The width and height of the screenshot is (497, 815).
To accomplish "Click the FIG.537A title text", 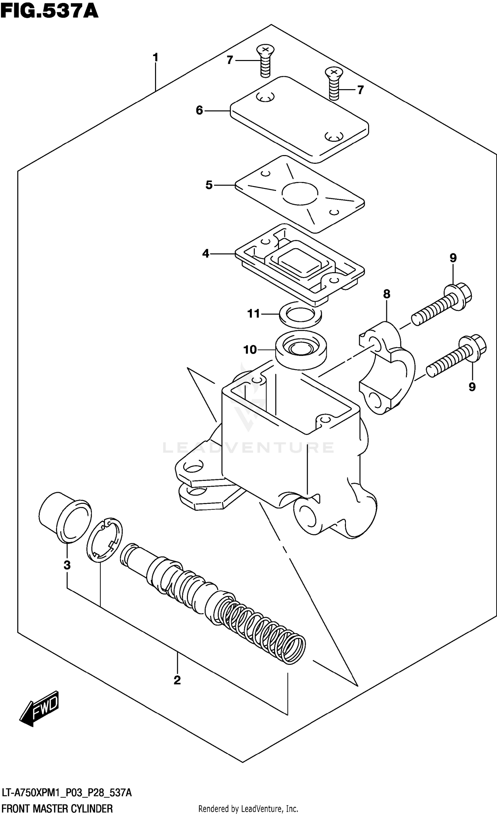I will coord(49,11).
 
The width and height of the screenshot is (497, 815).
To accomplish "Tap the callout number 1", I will coord(155,58).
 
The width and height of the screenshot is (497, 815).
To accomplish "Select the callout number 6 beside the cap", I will coord(199,110).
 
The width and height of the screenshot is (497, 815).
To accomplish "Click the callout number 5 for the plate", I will coord(209,185).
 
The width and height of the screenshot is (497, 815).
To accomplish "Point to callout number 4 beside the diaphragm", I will coord(206,254).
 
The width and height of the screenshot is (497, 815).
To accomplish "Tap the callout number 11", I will coord(254,314).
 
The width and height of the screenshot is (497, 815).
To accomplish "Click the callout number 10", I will coord(250,350).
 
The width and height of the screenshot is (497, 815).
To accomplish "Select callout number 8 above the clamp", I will coord(387,294).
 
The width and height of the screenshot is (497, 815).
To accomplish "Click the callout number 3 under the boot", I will coord(67,565).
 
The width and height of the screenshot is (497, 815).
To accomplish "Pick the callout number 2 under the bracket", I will coord(177,680).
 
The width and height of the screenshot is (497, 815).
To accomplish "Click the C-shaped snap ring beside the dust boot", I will coord(104,541).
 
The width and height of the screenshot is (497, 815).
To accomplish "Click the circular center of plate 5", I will coord(300,193).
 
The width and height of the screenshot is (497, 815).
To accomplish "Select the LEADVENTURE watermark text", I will coord(248,448).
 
